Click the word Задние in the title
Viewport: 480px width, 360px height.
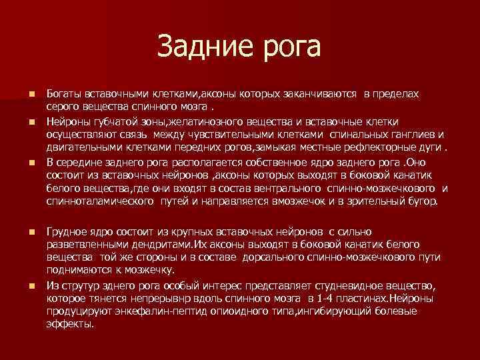point(201,46)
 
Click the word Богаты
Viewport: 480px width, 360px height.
point(64,93)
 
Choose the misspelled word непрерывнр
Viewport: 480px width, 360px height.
point(176,299)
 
